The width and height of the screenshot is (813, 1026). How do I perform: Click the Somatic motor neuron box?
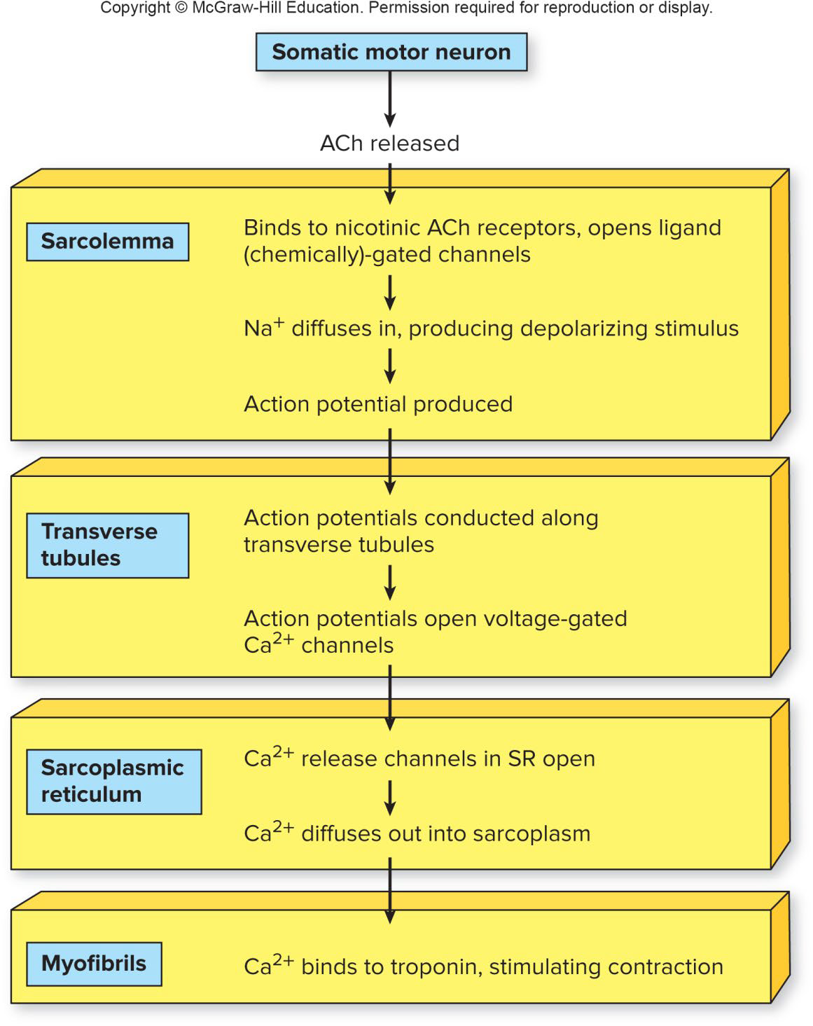pos(391,52)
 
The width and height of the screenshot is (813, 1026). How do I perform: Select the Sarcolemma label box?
pos(107,242)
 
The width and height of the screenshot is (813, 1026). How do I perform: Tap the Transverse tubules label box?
pos(107,545)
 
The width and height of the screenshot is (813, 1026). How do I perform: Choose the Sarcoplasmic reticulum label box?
pos(113,781)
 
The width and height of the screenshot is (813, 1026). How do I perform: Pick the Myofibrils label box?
pos(94,964)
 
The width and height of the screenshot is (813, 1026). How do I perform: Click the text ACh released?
pos(389,144)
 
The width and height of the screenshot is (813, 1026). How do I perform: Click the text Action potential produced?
pos(378,404)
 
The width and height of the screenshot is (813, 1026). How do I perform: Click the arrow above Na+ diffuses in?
pos(390,292)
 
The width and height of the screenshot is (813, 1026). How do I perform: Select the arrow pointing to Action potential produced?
pos(390,366)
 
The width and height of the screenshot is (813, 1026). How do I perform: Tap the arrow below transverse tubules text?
pos(390,583)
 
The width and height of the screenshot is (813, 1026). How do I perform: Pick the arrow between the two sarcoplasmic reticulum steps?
pos(390,797)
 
